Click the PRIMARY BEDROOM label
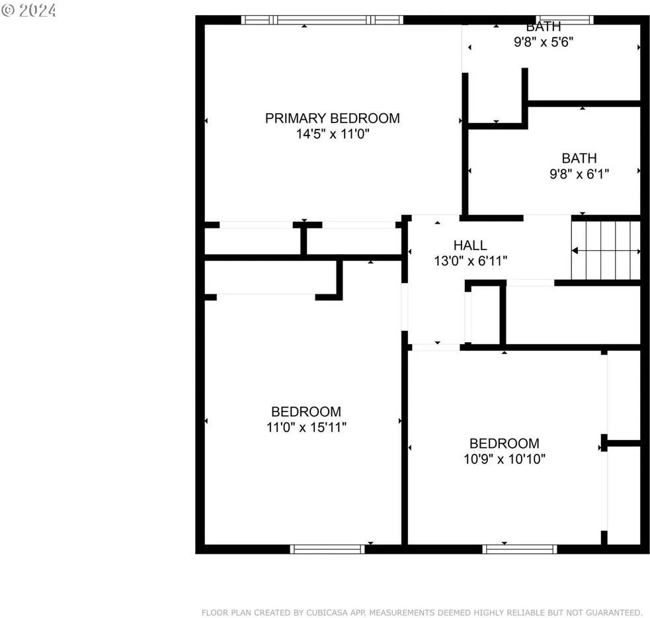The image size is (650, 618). coord(332,118)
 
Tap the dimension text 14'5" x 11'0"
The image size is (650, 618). coord(332,134)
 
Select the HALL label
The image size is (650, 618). coord(470,245)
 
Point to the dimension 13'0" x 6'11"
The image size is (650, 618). coord(470,261)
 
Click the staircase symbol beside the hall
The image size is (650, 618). coord(606,251)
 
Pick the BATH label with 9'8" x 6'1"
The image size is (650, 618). coord(579,158)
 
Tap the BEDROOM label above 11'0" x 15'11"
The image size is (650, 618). coord(306,412)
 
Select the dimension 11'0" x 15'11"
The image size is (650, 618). coord(306,427)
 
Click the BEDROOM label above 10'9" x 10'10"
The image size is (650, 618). coord(505,443)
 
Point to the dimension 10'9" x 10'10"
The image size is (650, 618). coord(505,459)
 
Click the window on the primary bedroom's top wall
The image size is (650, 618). coord(323,20)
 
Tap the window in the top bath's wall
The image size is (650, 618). coord(565,20)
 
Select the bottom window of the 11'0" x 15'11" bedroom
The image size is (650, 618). coord(327,549)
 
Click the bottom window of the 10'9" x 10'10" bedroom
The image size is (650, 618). coord(520,549)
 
